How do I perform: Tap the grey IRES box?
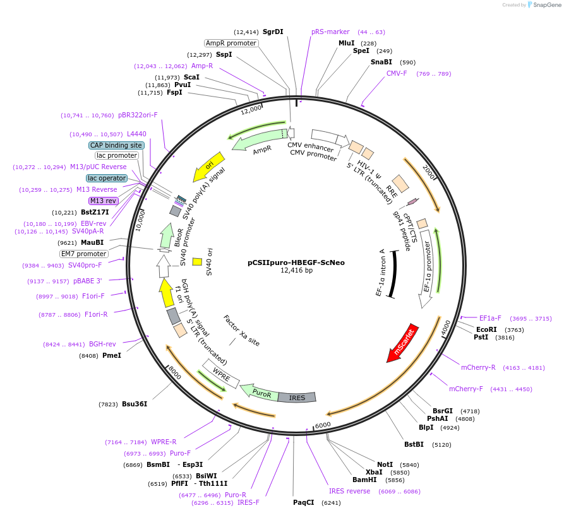click(297, 398)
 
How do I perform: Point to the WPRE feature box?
click(220, 374)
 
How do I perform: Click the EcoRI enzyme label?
click(486, 329)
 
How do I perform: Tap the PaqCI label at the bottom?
click(303, 503)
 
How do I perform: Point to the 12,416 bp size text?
click(296, 271)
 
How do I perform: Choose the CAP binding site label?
click(116, 145)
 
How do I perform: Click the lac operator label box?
click(107, 178)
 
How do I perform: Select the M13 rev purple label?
click(103, 201)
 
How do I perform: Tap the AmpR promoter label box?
click(231, 43)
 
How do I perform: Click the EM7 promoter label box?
click(84, 254)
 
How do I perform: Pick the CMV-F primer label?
click(397, 73)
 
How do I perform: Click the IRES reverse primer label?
click(349, 491)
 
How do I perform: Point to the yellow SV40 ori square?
click(197, 261)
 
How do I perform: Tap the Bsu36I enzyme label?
click(135, 404)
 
